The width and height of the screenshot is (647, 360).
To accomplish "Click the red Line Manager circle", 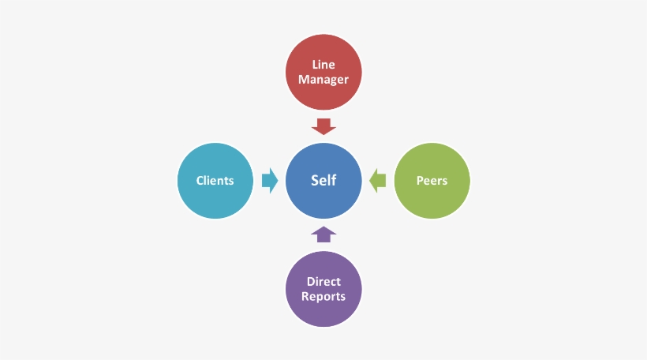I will [x=323, y=72].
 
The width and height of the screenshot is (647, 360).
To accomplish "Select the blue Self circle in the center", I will [x=323, y=181].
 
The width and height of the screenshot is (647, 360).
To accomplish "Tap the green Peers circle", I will [x=432, y=181].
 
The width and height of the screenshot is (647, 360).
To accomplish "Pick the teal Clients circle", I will [x=215, y=181].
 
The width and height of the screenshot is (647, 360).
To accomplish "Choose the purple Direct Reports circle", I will [x=323, y=290].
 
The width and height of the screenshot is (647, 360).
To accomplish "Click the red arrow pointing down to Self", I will [x=323, y=126].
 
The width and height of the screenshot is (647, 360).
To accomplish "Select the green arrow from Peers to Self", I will [x=378, y=181].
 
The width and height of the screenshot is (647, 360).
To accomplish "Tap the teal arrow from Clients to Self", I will [x=269, y=181].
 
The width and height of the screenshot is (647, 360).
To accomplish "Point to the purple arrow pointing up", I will [x=323, y=234].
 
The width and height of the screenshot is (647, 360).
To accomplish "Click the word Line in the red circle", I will [x=323, y=65].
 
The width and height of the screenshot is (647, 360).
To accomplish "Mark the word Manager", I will [x=323, y=80].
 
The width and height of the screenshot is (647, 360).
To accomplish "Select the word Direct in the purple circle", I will [x=323, y=282].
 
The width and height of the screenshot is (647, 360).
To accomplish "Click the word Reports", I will [x=323, y=297].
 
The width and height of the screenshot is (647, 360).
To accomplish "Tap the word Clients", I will [x=215, y=181].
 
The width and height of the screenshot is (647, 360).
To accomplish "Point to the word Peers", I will [x=432, y=181].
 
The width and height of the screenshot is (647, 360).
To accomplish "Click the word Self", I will [x=323, y=181].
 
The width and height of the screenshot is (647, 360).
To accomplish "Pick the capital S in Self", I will [x=315, y=181].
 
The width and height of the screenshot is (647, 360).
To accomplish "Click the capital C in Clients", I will [x=200, y=181].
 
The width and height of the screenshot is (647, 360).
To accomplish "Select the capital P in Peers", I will [x=420, y=181].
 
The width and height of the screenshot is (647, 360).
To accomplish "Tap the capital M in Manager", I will [x=304, y=80].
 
